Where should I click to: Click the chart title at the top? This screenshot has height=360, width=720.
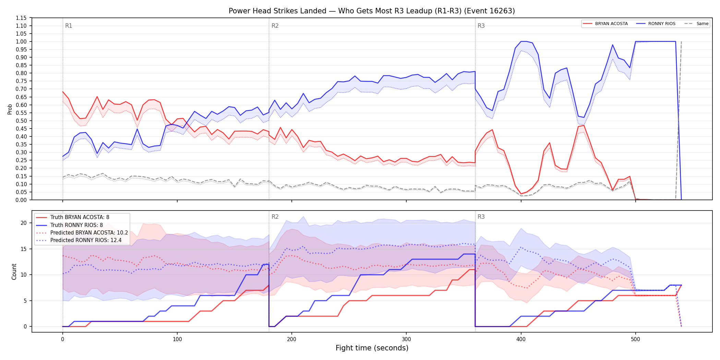372,11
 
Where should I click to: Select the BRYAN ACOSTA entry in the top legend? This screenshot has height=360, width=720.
605,24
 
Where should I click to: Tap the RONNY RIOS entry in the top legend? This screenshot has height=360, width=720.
656,24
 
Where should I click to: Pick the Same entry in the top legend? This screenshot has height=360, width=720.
696,24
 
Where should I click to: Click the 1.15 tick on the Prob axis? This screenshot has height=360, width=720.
21,18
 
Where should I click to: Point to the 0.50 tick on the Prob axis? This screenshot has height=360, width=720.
21,121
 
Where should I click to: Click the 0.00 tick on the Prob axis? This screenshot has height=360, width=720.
21,200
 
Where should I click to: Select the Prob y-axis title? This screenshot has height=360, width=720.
10,109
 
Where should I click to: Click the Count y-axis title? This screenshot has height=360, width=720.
14,272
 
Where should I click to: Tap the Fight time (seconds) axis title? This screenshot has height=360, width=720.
372,348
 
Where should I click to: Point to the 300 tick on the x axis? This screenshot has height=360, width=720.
406,339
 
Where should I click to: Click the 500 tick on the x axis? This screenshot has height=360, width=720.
635,339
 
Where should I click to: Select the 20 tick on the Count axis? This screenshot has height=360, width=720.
24,223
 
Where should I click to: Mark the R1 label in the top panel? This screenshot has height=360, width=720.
69,26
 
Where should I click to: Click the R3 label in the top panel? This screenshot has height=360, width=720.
481,26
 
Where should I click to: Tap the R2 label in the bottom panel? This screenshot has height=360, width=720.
275,217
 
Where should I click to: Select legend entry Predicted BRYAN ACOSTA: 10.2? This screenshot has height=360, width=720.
82,233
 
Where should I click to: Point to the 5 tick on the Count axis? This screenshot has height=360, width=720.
25,301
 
